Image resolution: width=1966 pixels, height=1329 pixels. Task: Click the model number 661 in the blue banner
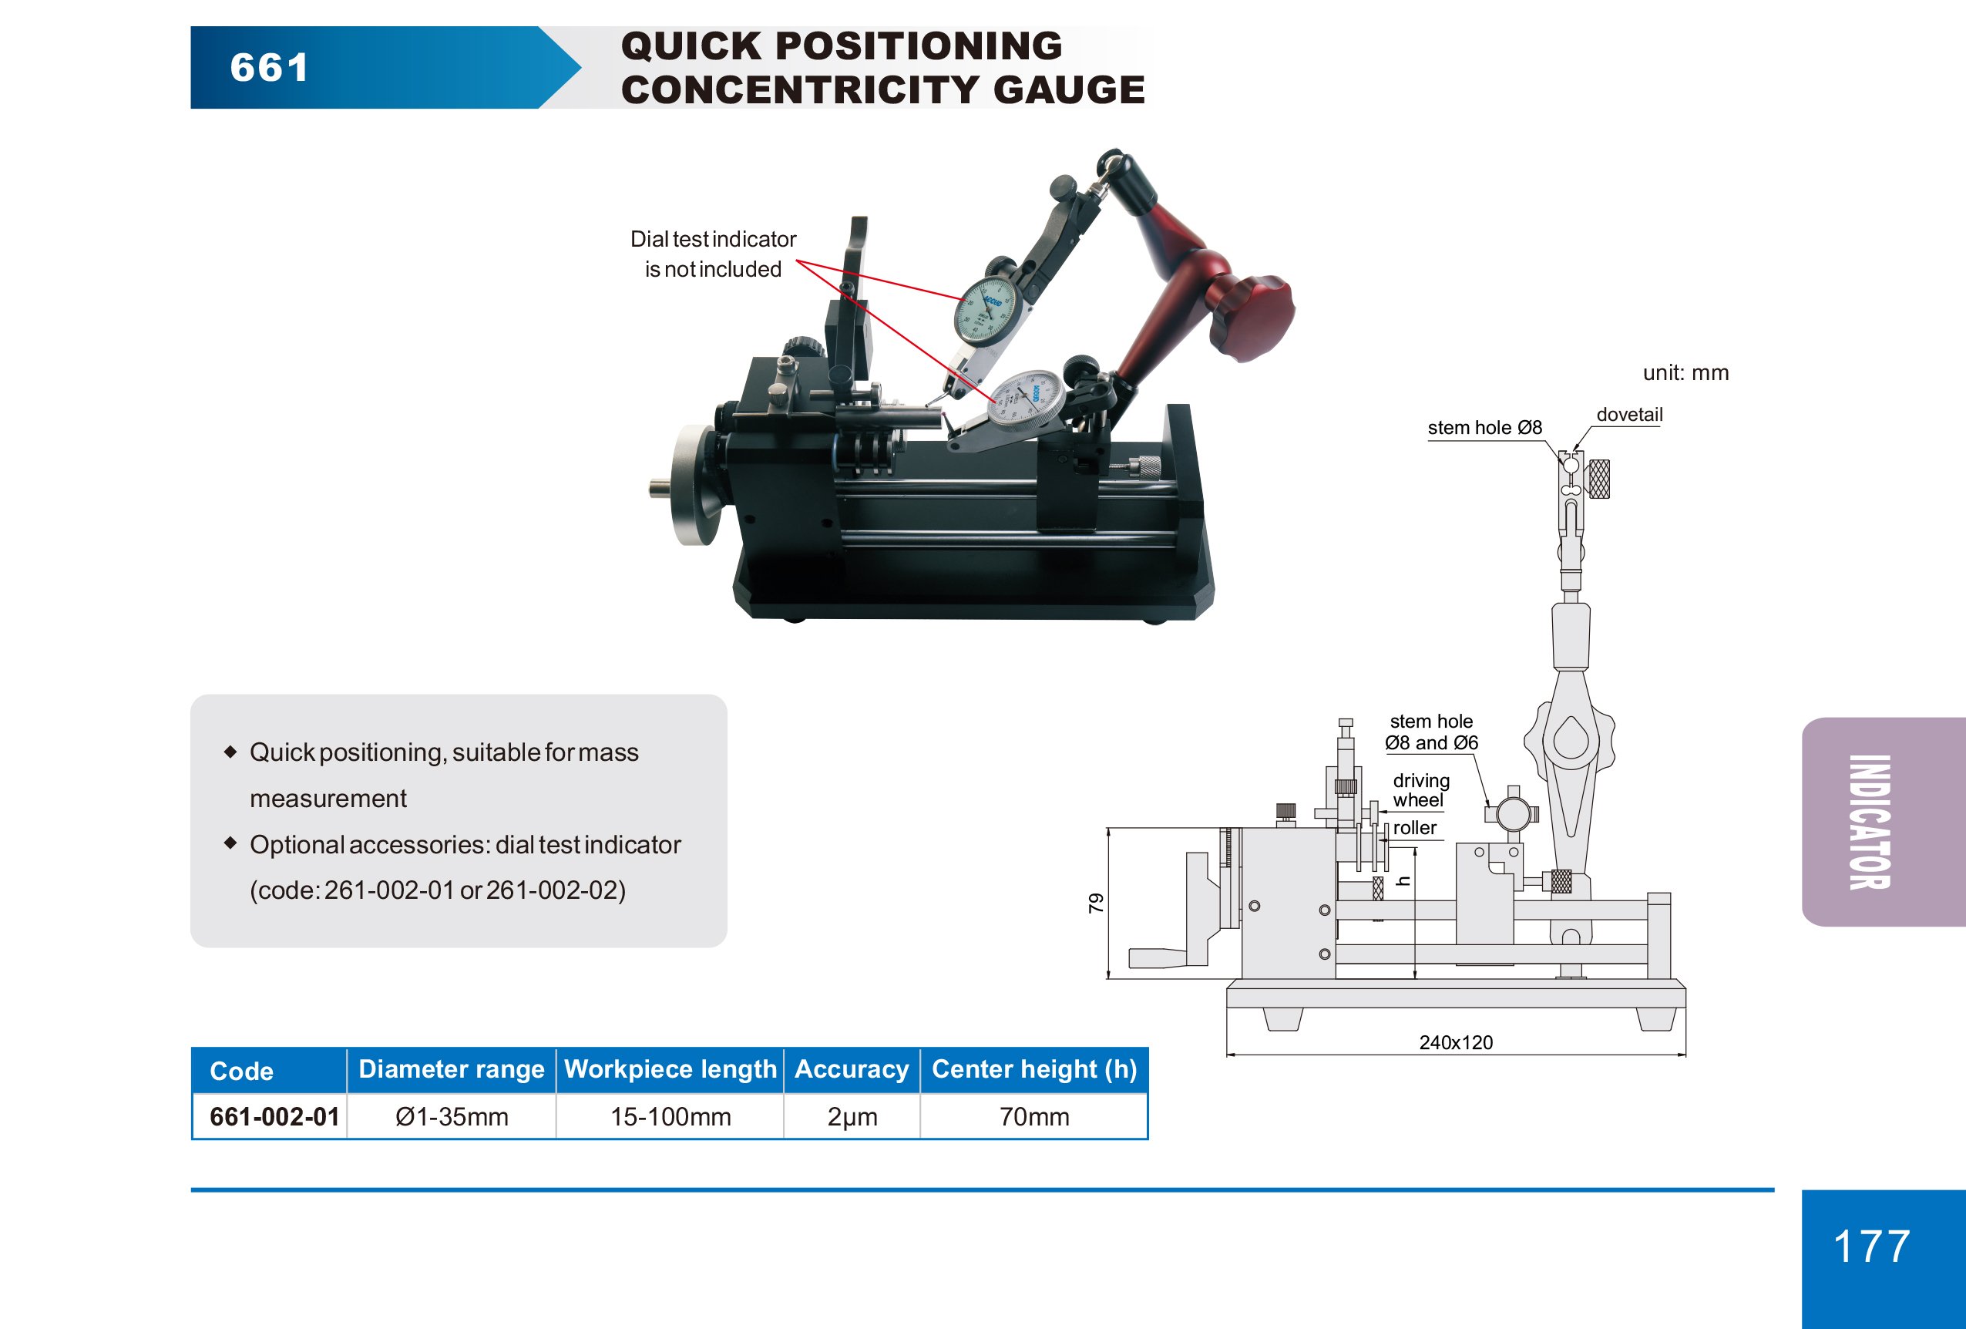[x=269, y=68]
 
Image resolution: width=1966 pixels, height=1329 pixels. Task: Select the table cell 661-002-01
[x=274, y=1117]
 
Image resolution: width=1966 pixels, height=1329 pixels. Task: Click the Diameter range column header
[x=451, y=1069]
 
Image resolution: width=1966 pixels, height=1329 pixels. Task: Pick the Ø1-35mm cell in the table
[x=452, y=1117]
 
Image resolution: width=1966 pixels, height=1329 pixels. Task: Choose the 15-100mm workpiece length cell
[x=670, y=1117]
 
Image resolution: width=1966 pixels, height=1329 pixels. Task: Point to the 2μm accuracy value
[x=852, y=1117]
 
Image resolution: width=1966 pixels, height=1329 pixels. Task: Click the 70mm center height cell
[x=1033, y=1117]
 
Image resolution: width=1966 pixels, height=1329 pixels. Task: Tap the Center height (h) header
[x=1033, y=1069]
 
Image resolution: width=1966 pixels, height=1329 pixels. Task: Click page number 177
[x=1871, y=1246]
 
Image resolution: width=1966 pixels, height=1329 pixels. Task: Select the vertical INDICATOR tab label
[x=1870, y=822]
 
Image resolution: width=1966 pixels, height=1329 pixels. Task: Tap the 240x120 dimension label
[x=1455, y=1042]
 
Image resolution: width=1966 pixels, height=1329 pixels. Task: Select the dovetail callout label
[x=1628, y=415]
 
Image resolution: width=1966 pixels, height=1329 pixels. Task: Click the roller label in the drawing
[x=1414, y=827]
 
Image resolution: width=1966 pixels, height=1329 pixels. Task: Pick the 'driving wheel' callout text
[x=1420, y=790]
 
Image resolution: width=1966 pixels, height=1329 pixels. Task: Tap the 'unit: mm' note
[x=1685, y=373]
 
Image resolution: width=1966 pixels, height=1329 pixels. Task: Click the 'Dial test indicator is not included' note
[x=712, y=254]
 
